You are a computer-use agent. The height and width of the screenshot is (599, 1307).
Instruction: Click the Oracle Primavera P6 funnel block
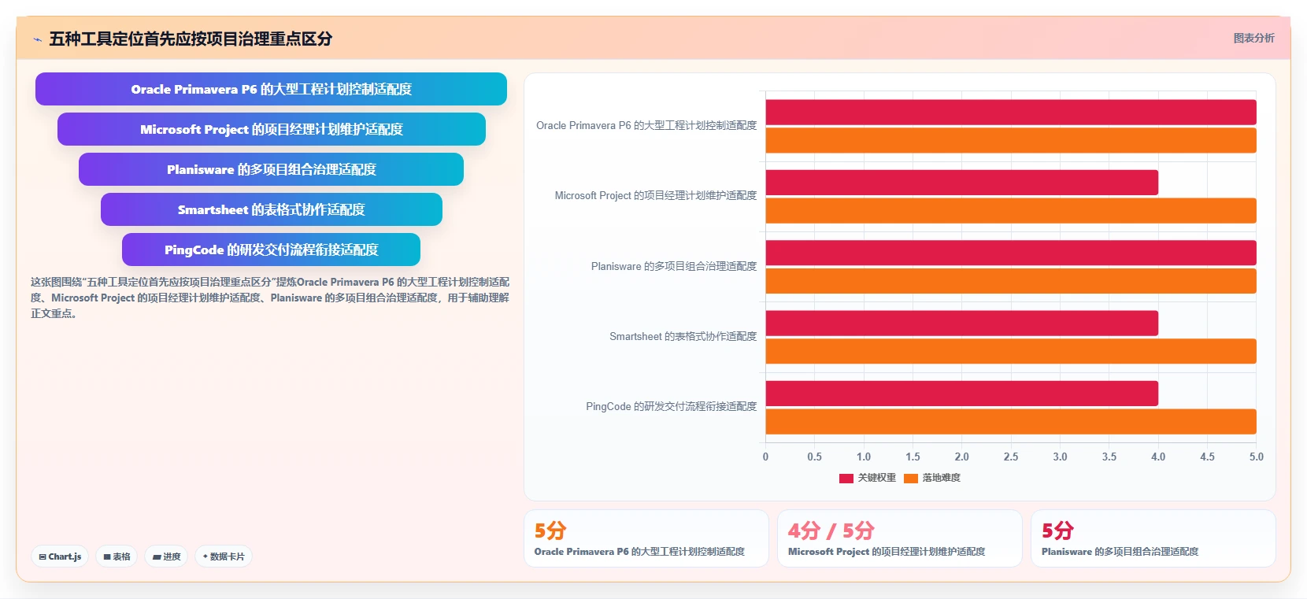pyautogui.click(x=271, y=89)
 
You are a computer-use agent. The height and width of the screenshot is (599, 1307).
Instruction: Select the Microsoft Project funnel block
pyautogui.click(x=272, y=129)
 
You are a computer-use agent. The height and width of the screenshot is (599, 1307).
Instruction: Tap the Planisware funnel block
pyautogui.click(x=272, y=169)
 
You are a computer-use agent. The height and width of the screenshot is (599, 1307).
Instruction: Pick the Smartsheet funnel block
pyautogui.click(x=272, y=209)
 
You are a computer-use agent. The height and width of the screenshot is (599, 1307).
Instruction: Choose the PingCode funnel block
pyautogui.click(x=272, y=250)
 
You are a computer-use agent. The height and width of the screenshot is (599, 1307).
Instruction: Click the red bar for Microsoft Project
pyautogui.click(x=961, y=183)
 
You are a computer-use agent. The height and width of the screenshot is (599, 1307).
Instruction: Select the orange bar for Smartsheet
pyautogui.click(x=1011, y=351)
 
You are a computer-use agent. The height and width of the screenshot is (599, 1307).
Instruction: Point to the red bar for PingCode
pyautogui.click(x=961, y=394)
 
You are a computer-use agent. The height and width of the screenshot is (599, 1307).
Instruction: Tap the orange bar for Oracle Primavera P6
pyautogui.click(x=1011, y=141)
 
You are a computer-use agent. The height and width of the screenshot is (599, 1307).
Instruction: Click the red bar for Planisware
pyautogui.click(x=1011, y=253)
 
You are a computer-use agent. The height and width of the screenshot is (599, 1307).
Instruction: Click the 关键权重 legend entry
pyautogui.click(x=868, y=479)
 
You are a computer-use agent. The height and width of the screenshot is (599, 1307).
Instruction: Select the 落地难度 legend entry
pyautogui.click(x=932, y=479)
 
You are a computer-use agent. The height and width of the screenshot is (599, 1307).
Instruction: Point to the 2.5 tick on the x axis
pyautogui.click(x=1011, y=457)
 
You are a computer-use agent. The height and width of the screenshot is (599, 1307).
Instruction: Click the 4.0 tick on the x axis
pyautogui.click(x=1158, y=457)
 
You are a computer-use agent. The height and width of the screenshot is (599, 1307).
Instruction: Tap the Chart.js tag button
pyautogui.click(x=60, y=556)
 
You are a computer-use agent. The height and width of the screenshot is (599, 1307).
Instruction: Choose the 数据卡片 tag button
pyautogui.click(x=224, y=556)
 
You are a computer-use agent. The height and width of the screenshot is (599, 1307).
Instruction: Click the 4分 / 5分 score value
pyautogui.click(x=831, y=531)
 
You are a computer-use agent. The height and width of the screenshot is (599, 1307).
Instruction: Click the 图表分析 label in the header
pyautogui.click(x=1254, y=39)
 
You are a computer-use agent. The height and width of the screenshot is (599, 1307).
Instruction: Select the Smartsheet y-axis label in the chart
pyautogui.click(x=683, y=337)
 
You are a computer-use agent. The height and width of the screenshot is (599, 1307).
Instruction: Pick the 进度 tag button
pyautogui.click(x=166, y=556)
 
